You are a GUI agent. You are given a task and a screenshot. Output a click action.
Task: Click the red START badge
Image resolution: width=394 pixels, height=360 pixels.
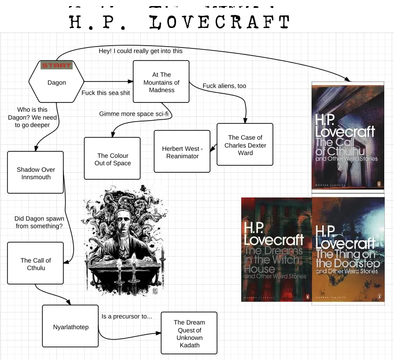[56, 65]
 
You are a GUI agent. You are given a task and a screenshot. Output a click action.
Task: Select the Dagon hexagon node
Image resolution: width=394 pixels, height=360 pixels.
[56, 82]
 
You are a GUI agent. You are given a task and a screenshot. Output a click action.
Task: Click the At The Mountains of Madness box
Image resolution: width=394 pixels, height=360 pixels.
[161, 82]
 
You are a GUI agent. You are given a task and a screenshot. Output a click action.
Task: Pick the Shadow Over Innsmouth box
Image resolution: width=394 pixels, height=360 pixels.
[35, 173]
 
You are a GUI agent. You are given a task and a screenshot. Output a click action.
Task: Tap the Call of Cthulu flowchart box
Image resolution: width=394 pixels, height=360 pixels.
[35, 264]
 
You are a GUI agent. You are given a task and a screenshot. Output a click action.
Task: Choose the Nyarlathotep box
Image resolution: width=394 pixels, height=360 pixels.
[70, 326]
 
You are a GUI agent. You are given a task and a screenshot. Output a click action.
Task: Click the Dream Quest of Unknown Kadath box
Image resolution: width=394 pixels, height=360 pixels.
[189, 333]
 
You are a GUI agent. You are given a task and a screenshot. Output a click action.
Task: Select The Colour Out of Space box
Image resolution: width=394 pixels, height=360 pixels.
[112, 159]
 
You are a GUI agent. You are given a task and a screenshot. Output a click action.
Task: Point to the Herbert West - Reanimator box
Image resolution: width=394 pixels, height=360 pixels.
[182, 152]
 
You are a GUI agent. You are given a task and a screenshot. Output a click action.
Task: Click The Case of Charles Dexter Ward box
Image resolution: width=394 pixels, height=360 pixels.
[245, 145]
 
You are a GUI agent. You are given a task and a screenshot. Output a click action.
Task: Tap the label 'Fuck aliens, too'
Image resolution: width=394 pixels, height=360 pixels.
[224, 86]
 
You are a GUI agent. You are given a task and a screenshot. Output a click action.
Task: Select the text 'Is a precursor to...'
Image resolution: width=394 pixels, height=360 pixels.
[127, 317]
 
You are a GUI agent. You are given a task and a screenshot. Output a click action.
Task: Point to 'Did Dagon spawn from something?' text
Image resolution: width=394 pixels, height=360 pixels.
[39, 222]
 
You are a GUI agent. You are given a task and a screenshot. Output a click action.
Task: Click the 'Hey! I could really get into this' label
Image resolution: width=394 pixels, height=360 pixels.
[140, 51]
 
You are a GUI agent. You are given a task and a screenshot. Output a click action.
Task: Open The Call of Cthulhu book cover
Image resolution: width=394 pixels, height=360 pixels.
[348, 136]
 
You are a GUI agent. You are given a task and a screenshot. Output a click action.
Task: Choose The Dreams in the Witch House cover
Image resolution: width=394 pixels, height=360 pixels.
[276, 250]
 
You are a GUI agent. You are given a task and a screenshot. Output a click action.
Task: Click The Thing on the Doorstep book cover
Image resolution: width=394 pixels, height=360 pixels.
[348, 250]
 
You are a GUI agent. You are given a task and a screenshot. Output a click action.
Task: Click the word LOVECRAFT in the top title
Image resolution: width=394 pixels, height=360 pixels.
[221, 22]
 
